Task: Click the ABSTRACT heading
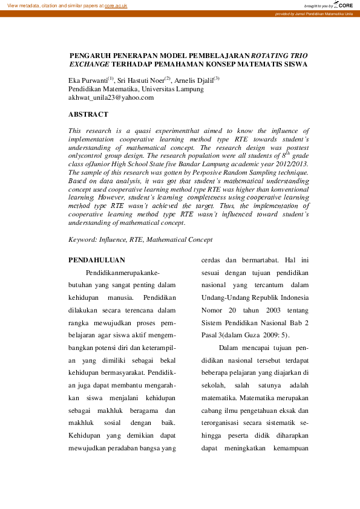(x=88, y=114)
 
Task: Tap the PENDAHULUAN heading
(x=97, y=260)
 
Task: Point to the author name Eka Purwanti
(x=88, y=80)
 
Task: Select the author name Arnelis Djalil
(x=194, y=80)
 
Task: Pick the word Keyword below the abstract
(x=82, y=240)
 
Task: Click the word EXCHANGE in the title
(x=90, y=63)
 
